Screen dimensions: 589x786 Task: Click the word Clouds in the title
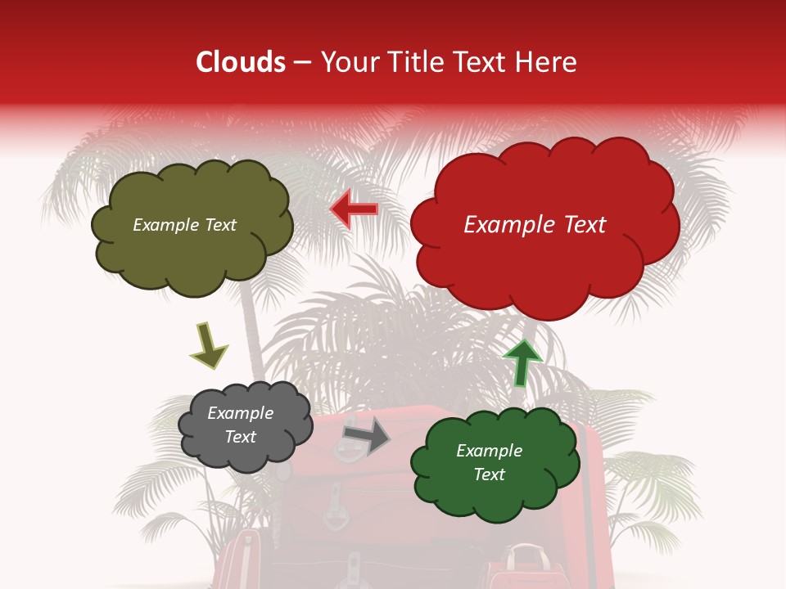pyautogui.click(x=241, y=62)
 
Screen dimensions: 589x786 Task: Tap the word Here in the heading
pyautogui.click(x=547, y=62)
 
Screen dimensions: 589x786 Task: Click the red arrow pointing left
pyautogui.click(x=354, y=210)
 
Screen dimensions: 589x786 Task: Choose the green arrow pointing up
pyautogui.click(x=522, y=362)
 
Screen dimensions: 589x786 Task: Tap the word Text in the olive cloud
pyautogui.click(x=220, y=225)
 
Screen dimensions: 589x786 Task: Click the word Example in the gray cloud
pyautogui.click(x=240, y=413)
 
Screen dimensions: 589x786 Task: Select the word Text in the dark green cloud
pyautogui.click(x=489, y=474)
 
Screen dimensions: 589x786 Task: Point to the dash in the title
pyautogui.click(x=301, y=62)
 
